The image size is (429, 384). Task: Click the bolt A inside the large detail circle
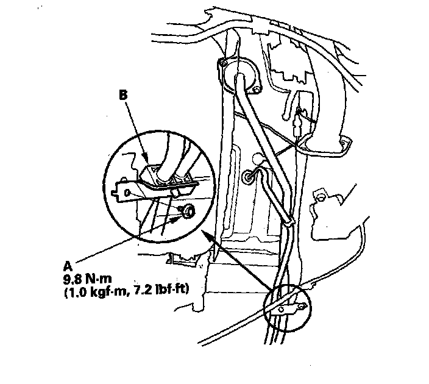click(x=187, y=210)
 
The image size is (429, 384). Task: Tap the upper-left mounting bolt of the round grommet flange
click(x=223, y=63)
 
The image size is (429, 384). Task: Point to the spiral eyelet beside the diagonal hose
click(x=250, y=177)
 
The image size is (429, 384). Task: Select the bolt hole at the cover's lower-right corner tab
click(x=348, y=143)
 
